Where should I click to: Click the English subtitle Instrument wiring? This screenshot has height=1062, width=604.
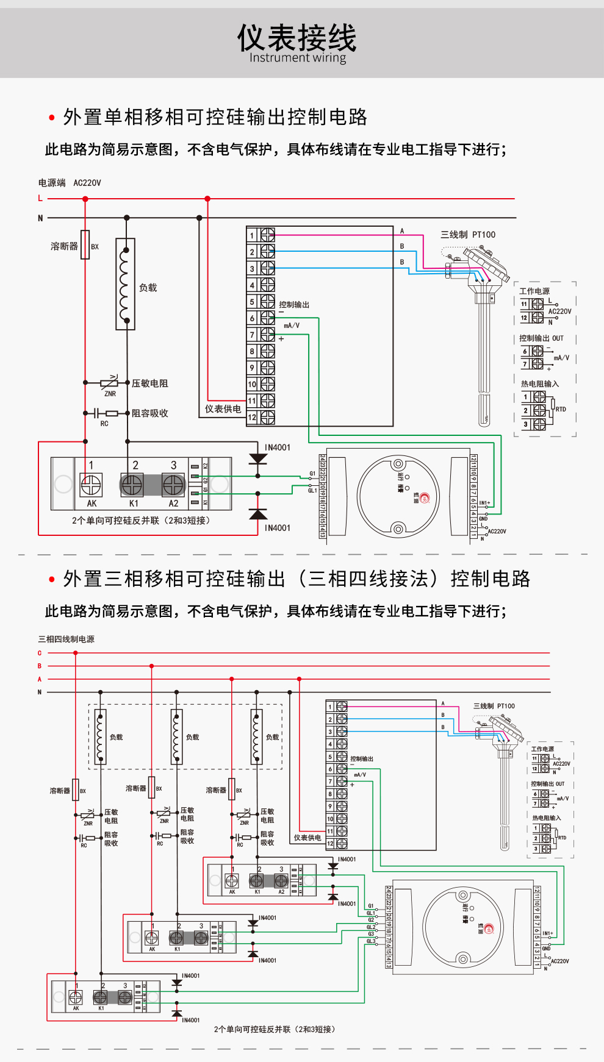(x=297, y=58)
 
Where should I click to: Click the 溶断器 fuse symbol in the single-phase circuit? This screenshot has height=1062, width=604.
(x=85, y=245)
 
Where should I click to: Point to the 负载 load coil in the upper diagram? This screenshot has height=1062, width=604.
(x=126, y=285)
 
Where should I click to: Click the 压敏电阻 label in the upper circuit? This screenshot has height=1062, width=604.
(x=149, y=383)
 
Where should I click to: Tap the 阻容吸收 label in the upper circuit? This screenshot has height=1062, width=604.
(x=149, y=413)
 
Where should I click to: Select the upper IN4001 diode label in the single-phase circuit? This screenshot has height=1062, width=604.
(x=278, y=447)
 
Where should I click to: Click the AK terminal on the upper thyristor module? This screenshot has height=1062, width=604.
(x=91, y=486)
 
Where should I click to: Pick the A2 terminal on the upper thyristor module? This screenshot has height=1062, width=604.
(x=173, y=486)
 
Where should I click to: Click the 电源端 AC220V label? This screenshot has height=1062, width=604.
(x=70, y=183)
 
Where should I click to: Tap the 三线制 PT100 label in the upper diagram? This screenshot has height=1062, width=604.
(x=468, y=235)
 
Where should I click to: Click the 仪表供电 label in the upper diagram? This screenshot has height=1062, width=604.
(x=223, y=409)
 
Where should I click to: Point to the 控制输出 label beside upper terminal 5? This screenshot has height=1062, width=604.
(x=294, y=305)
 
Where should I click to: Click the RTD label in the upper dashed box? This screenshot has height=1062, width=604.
(x=561, y=410)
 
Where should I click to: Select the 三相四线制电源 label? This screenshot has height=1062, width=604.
(x=67, y=640)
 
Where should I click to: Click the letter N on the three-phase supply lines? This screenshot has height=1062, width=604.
(x=40, y=693)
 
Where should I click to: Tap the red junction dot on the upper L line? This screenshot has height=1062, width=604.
(x=207, y=199)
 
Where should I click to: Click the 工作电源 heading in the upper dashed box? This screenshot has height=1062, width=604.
(x=534, y=291)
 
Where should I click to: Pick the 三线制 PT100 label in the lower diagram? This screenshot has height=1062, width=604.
(x=494, y=706)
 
